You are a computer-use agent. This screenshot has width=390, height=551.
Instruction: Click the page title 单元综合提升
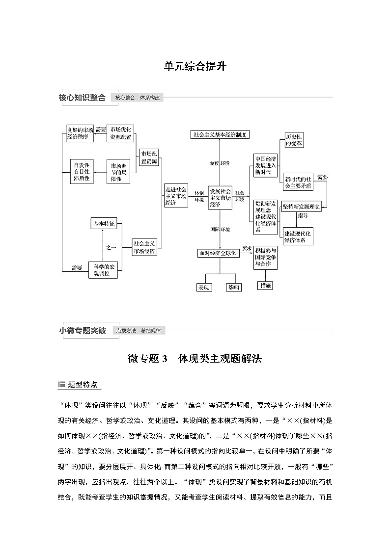pyautogui.click(x=195, y=66)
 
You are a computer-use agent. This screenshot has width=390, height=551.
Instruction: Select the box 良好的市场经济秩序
pyautogui.click(x=80, y=133)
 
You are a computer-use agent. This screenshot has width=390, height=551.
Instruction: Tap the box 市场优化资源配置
pyautogui.click(x=121, y=133)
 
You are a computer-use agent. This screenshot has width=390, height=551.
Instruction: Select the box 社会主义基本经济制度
pyautogui.click(x=220, y=134)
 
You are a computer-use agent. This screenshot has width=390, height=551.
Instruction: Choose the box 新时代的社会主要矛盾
pyautogui.click(x=298, y=182)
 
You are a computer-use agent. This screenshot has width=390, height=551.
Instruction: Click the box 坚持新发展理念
pyautogui.click(x=301, y=207)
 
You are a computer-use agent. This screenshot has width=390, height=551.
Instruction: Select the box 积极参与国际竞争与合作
pyautogui.click(x=265, y=257)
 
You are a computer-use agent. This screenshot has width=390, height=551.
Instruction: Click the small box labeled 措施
pyautogui.click(x=265, y=286)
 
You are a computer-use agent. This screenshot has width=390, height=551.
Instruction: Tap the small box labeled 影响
pyautogui.click(x=234, y=288)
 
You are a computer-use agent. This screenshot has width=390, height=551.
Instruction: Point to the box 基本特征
pyautogui.click(x=103, y=224)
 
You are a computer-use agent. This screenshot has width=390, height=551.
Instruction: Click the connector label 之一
pyautogui.click(x=111, y=248)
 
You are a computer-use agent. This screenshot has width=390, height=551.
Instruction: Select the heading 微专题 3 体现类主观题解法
pyautogui.click(x=195, y=359)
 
